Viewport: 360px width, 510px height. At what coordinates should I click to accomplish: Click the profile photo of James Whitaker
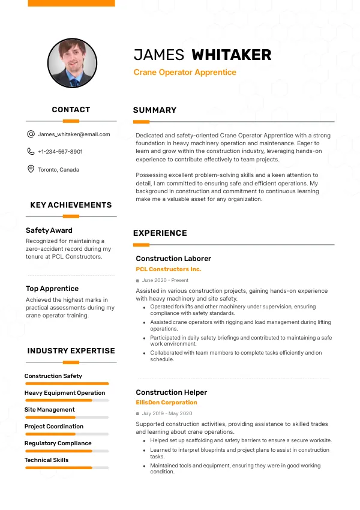72,64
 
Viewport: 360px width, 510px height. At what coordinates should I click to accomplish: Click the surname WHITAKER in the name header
231,55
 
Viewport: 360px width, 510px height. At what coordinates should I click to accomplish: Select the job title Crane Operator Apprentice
185,73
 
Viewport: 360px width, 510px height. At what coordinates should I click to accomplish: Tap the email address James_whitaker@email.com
74,134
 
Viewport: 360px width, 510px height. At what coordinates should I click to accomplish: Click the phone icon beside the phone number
31,152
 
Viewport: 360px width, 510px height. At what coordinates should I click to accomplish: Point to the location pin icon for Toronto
31,169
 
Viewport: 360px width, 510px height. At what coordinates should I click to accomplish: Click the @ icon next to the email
31,134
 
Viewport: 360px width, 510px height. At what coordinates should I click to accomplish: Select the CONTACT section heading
71,110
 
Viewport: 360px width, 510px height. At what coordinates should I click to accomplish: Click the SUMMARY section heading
155,110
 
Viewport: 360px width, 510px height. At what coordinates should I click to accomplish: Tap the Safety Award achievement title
49,230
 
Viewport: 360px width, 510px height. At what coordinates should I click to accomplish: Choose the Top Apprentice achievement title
52,289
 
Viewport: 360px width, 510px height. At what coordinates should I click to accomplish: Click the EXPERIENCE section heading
160,233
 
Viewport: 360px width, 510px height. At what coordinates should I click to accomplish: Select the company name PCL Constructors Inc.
169,269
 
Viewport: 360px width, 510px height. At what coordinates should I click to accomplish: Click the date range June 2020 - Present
165,280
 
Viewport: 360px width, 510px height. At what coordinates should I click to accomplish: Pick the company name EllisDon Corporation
166,403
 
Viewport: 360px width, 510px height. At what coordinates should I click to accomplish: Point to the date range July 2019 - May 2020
167,413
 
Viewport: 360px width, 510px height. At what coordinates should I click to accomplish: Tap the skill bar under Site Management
67,417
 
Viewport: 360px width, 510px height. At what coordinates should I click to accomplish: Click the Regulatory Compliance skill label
58,443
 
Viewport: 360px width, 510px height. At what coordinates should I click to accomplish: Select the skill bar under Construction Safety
67,383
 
